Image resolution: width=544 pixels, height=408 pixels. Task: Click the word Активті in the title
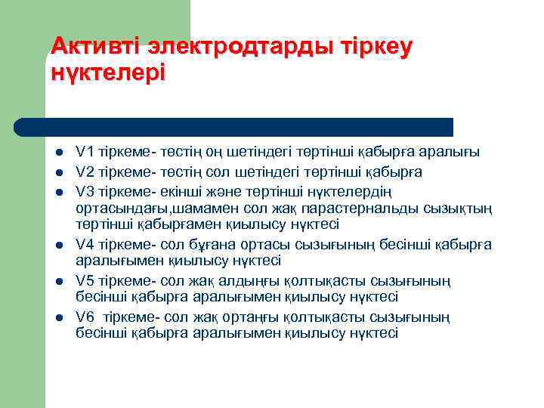click(96, 46)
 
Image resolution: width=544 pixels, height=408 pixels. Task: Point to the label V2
click(85, 172)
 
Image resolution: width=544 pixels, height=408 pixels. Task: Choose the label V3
click(85, 190)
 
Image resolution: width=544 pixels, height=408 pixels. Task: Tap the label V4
click(85, 244)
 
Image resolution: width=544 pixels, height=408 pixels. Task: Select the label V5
click(85, 280)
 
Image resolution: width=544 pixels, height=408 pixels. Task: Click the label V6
click(85, 317)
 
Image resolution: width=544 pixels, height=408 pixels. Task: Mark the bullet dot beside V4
click(58, 245)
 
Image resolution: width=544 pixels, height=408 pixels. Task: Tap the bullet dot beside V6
click(58, 317)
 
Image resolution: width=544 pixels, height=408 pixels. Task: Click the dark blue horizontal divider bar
click(234, 127)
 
